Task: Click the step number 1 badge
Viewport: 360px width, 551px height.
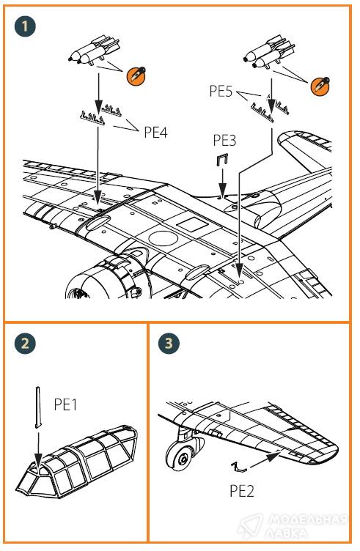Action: pos(25,26)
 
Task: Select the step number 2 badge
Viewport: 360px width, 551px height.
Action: pos(25,343)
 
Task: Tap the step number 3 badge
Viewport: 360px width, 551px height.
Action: pos(169,343)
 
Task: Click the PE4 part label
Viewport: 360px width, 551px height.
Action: pos(155,133)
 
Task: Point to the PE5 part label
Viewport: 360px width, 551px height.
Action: pos(221,91)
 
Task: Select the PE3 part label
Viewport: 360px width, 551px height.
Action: pos(224,140)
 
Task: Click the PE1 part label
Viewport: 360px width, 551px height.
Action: pos(65,404)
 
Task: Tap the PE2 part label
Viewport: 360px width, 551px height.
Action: pos(241,491)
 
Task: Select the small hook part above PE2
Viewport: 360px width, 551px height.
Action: pos(238,468)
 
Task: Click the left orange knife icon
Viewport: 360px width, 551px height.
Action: pos(136,75)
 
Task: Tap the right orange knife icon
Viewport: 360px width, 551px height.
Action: pos(320,86)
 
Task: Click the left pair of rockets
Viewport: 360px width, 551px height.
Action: pos(95,51)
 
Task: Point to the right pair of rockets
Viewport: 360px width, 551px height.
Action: pos(269,52)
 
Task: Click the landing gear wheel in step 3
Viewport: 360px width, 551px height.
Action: pos(183,456)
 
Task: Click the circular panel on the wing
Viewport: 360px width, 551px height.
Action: pos(163,239)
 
